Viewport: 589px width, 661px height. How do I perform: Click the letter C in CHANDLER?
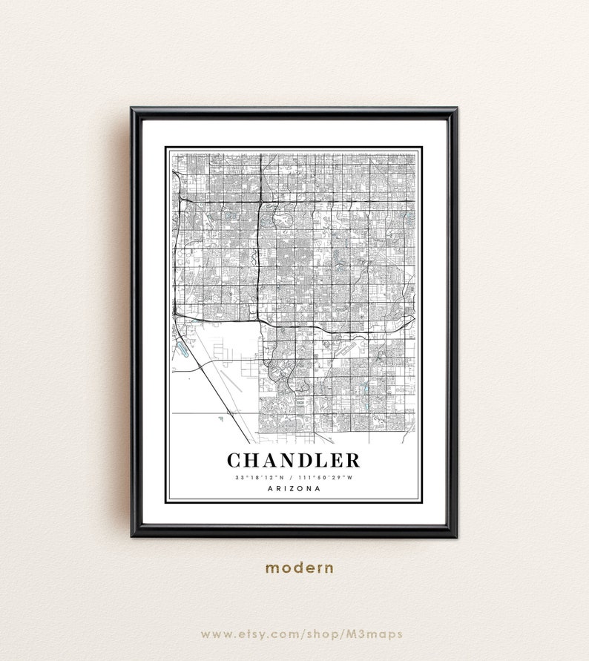(235, 460)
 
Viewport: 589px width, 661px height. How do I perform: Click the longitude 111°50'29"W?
(328, 476)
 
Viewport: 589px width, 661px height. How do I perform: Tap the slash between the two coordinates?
(292, 476)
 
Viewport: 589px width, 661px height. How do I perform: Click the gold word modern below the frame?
(300, 568)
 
